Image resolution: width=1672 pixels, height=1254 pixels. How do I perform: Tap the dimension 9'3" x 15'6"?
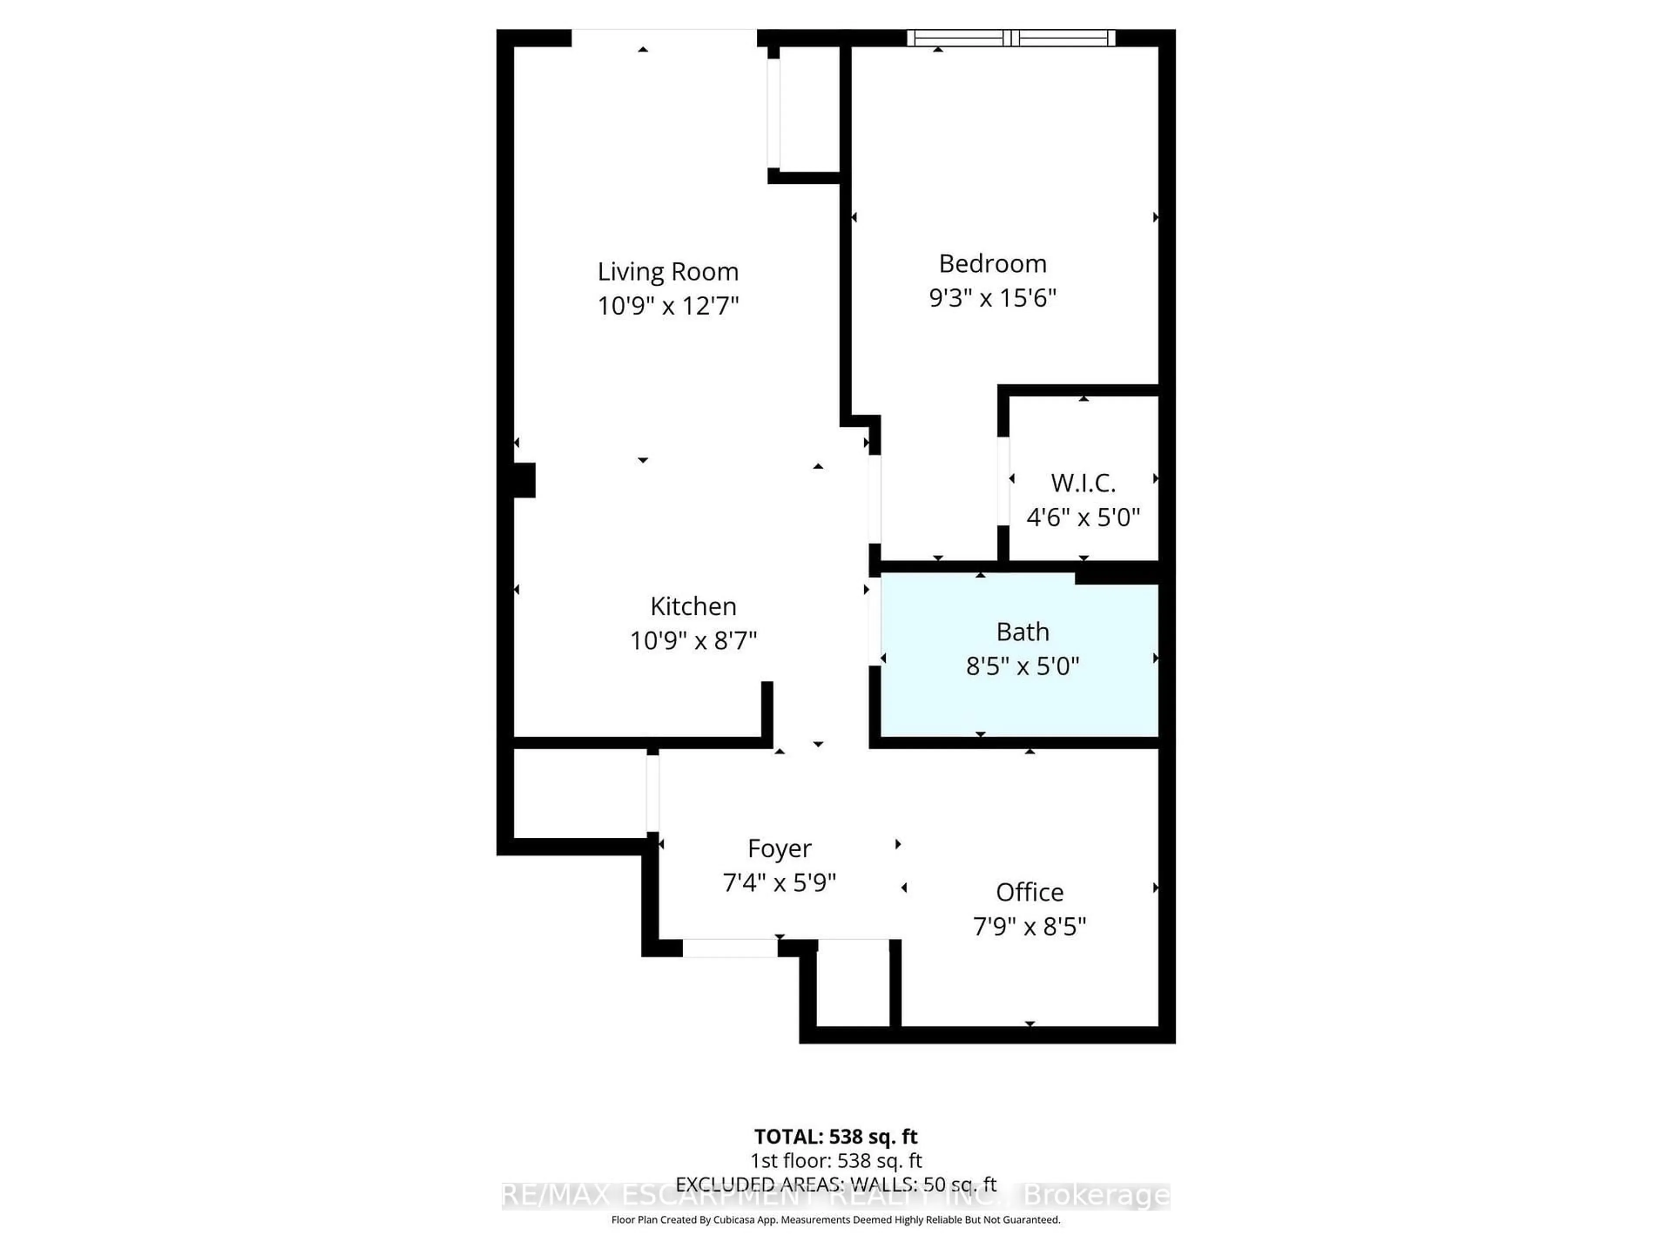click(x=992, y=298)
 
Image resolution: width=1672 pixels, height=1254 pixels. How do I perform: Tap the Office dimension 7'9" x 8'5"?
click(x=1029, y=927)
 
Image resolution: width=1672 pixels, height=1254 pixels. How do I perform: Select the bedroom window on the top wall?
click(x=1011, y=38)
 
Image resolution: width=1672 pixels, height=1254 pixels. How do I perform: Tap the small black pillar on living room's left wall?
click(x=524, y=480)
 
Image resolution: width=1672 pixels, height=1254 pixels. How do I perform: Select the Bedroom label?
click(x=992, y=264)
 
